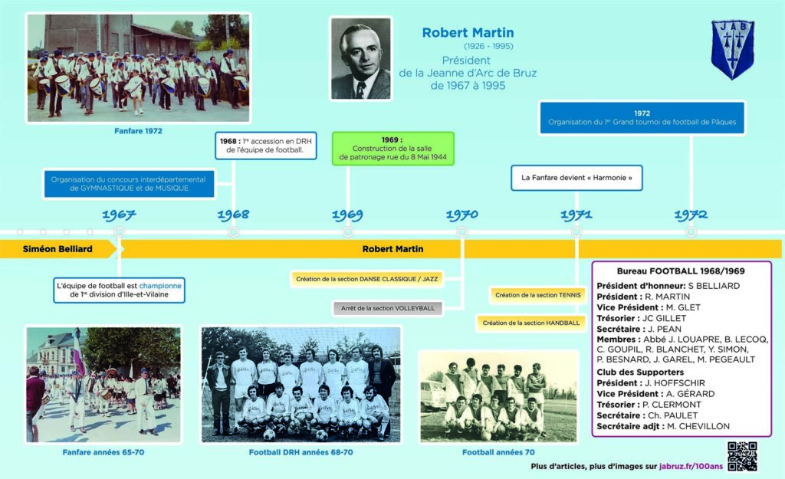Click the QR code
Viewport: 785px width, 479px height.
coord(742,455)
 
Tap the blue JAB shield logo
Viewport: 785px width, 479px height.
coord(732,49)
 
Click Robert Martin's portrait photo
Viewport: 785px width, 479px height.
coord(360,58)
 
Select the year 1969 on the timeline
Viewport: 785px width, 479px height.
coord(347,215)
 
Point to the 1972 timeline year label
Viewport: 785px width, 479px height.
coord(691,215)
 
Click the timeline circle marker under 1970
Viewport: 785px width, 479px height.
coord(462,231)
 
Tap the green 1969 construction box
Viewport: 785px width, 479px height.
coord(393,149)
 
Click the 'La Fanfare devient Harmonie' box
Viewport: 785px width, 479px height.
coord(576,178)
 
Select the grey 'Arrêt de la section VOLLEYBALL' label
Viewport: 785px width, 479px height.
coord(388,308)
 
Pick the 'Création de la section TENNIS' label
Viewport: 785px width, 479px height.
coord(538,295)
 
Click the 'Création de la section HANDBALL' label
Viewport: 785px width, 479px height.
coord(531,323)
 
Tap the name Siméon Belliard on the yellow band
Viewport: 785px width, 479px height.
coord(57,249)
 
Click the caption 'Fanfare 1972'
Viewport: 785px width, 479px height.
coord(138,131)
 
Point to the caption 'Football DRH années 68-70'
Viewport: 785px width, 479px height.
coord(301,452)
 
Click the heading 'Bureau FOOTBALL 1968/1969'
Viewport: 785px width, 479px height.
coord(681,271)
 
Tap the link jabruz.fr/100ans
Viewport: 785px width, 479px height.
coord(691,467)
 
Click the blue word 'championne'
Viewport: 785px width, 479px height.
coord(160,286)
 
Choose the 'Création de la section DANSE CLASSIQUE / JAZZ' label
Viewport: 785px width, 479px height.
coord(367,279)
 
